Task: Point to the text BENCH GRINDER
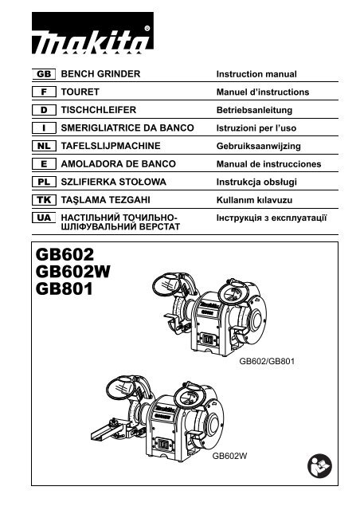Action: pyautogui.click(x=100, y=74)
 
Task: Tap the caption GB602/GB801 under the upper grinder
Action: pyautogui.click(x=268, y=361)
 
